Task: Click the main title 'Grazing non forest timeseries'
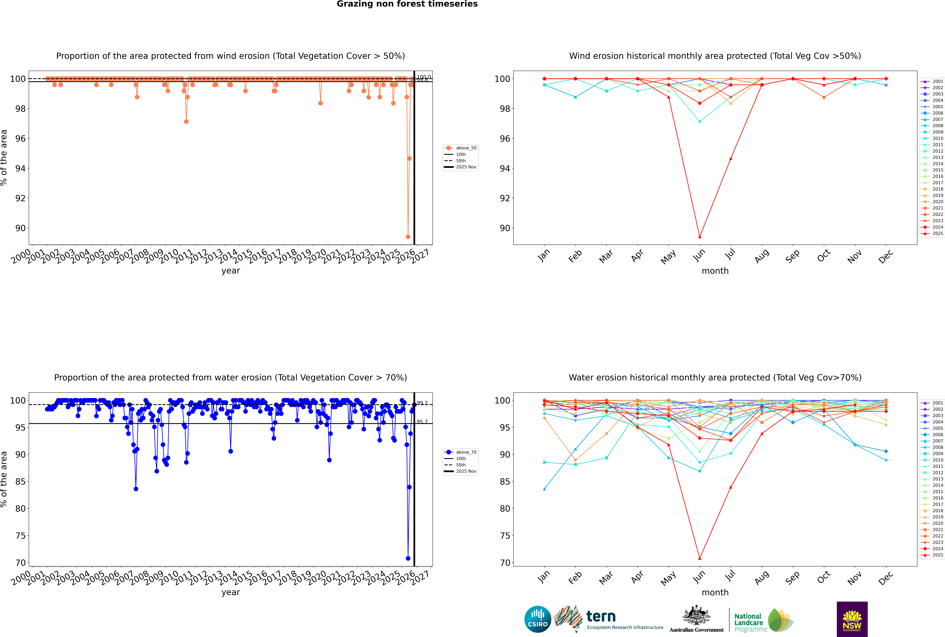(407, 4)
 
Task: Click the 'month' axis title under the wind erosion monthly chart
(715, 271)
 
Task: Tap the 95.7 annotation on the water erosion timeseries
(422, 422)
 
